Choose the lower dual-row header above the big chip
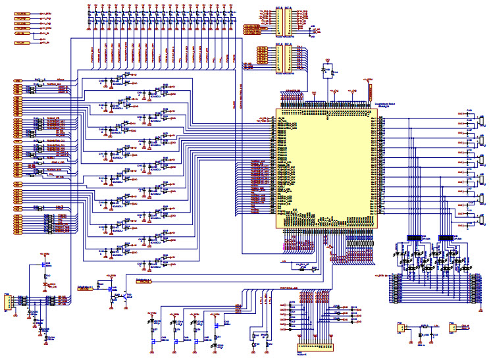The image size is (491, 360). [284, 59]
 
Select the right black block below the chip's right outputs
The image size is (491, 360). [446, 237]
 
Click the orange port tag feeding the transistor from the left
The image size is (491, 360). [85, 288]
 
